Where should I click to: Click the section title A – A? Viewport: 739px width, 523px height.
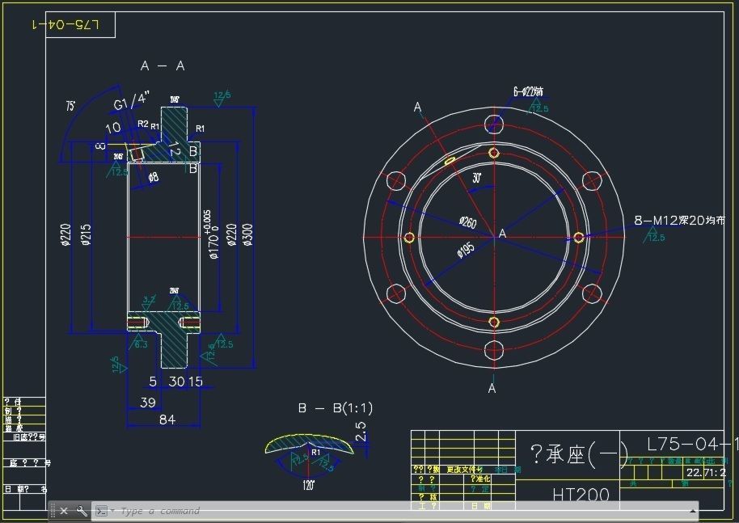click(x=163, y=66)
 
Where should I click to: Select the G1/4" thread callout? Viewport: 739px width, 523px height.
click(x=132, y=101)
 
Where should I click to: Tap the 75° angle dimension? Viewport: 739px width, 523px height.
click(x=71, y=105)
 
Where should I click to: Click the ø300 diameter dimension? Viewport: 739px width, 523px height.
click(x=247, y=234)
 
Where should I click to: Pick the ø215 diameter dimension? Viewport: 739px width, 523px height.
click(x=87, y=234)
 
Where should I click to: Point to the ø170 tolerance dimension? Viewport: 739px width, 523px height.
click(x=212, y=234)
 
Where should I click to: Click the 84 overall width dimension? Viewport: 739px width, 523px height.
click(x=167, y=419)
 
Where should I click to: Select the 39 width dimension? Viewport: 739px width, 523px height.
click(x=149, y=402)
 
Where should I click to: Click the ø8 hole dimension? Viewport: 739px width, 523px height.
click(x=154, y=177)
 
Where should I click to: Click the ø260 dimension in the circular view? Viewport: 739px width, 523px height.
click(x=467, y=221)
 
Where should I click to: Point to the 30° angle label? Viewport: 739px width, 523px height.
click(x=478, y=178)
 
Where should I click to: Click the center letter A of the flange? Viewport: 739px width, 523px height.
click(x=502, y=234)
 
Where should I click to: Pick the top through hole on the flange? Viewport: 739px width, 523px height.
click(x=494, y=124)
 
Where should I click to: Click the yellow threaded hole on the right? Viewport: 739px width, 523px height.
click(x=579, y=237)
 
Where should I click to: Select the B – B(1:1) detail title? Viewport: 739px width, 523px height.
click(x=336, y=408)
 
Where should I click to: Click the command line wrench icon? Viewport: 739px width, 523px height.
click(x=82, y=511)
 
